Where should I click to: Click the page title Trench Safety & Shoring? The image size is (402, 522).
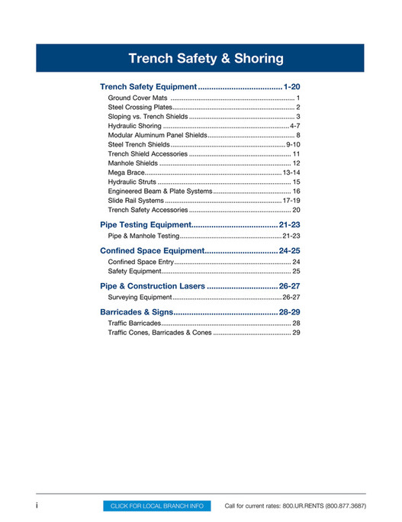pos(206,59)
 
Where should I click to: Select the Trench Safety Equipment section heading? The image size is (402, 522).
pos(150,88)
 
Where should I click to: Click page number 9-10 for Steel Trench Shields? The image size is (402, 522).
pos(294,144)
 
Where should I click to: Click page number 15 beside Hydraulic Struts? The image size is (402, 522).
pos(297,182)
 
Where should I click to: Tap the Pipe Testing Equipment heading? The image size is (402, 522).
pos(145,225)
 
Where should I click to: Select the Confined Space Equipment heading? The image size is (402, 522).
pos(151,250)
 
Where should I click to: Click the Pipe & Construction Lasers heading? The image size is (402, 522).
pos(153,286)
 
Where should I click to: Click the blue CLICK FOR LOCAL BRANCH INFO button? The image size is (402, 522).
pos(157,506)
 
